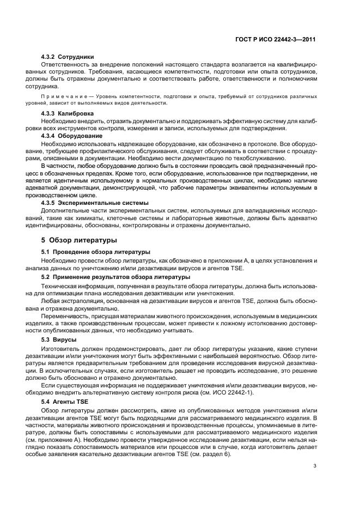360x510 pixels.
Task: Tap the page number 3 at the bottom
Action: (315, 466)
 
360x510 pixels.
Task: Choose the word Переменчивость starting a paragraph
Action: (69, 316)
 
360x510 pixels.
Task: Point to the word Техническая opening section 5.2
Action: (62, 285)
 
